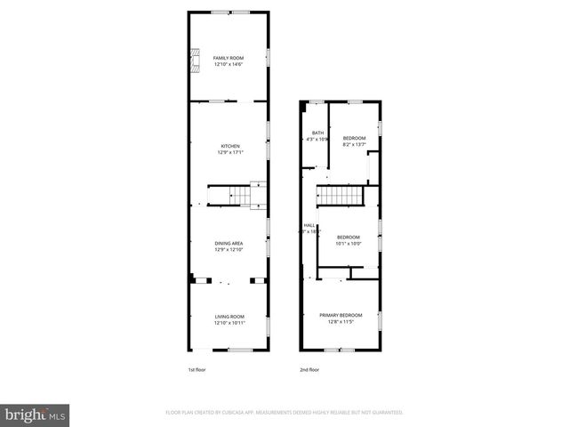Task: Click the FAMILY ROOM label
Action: [228, 58]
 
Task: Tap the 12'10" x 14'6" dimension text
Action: [228, 64]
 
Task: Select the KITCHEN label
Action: [230, 146]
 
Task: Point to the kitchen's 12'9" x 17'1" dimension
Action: [230, 152]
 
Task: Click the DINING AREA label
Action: [228, 243]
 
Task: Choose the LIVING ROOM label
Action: [228, 317]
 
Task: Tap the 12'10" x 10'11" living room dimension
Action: [228, 323]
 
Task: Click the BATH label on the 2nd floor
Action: [317, 133]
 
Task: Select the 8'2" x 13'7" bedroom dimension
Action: [354, 144]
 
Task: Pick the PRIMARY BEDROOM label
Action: [341, 315]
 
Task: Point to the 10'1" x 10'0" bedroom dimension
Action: [349, 242]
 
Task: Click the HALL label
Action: [309, 226]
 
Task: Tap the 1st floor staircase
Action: [230, 195]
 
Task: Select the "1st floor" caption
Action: [196, 369]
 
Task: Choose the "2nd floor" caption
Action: [309, 369]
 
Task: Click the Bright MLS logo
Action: [36, 414]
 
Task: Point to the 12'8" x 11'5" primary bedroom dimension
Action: [341, 321]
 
